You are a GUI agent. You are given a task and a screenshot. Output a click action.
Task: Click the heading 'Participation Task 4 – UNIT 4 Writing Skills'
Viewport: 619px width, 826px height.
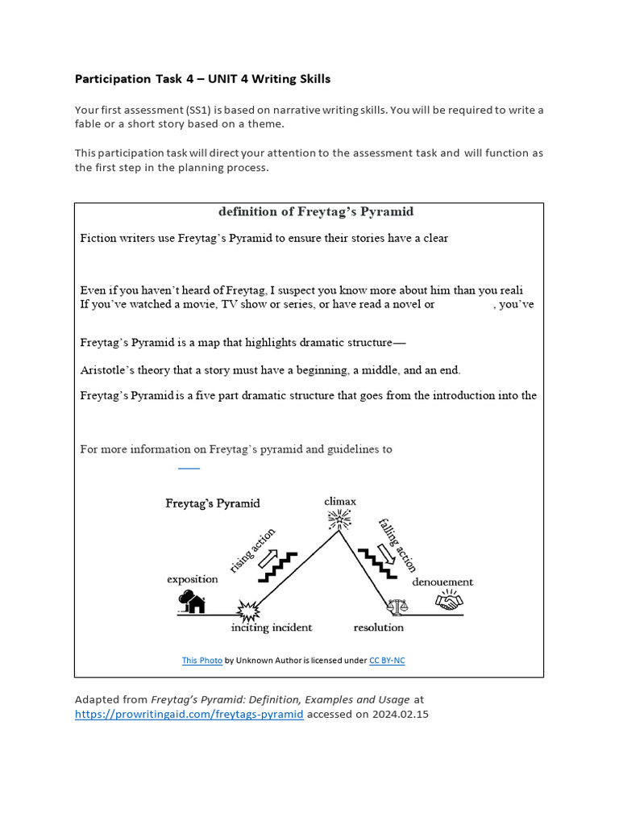(202, 79)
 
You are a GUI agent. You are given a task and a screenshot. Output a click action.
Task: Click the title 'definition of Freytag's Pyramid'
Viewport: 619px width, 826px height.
(316, 212)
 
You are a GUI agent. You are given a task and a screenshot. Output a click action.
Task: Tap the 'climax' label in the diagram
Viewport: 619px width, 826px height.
(340, 501)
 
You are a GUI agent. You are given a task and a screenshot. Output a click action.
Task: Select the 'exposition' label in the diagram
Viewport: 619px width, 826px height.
(193, 578)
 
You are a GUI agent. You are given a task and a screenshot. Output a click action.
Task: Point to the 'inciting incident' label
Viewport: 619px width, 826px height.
(272, 628)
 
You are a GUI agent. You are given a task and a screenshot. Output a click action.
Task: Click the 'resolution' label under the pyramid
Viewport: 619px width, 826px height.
(379, 628)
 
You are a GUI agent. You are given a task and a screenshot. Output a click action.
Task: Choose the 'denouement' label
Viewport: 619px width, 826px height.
(442, 582)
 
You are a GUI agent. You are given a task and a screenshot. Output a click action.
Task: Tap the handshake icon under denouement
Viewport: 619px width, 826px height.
(448, 601)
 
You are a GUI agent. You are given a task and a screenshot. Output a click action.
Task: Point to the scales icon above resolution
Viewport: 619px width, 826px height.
(396, 605)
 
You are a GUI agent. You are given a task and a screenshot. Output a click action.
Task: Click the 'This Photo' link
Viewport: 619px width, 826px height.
(201, 661)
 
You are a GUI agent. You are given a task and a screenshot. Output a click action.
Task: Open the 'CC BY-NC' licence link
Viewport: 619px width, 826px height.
(387, 661)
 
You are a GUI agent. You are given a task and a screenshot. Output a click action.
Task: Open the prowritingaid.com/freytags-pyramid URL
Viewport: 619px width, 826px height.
(189, 714)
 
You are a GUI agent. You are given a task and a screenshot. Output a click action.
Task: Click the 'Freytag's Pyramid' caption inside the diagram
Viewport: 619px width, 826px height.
(213, 503)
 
